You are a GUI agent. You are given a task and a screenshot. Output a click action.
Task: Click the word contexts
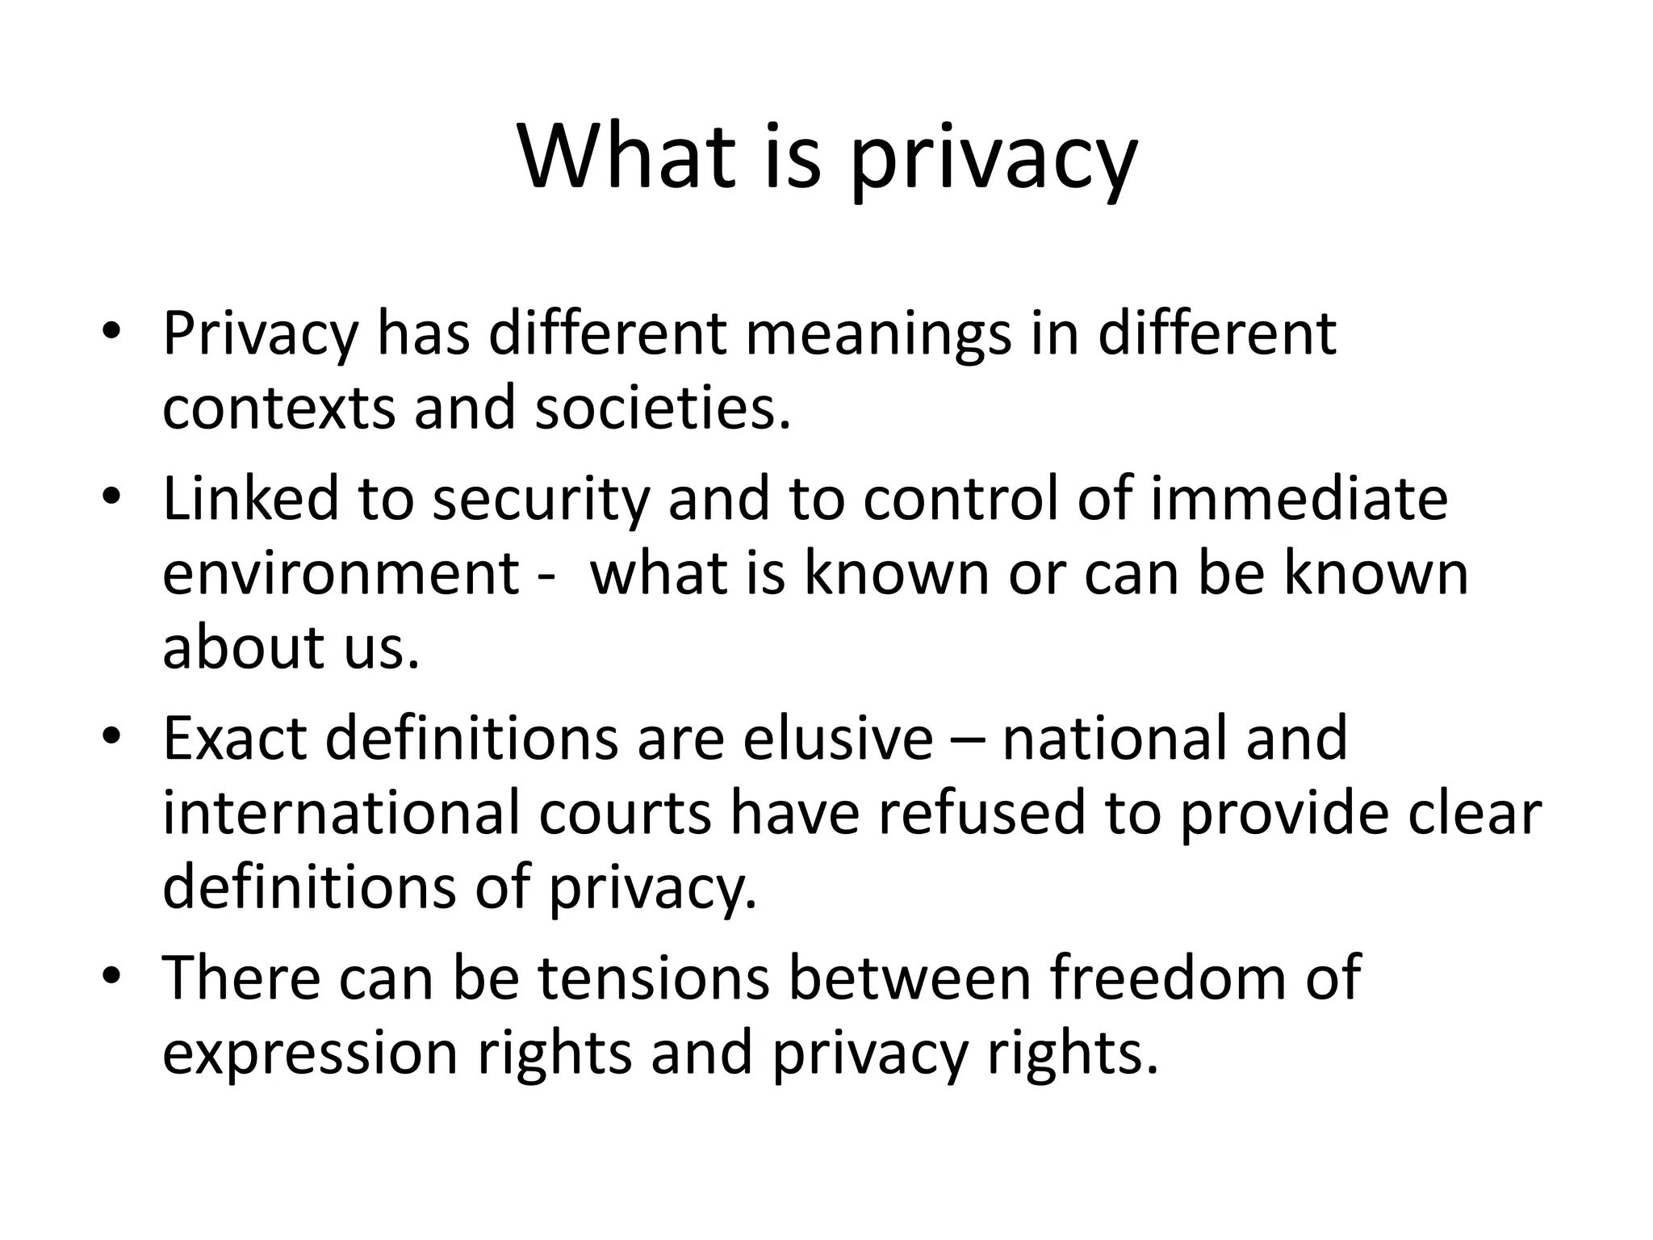click(x=278, y=408)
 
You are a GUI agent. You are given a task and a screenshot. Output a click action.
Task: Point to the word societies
click(x=662, y=408)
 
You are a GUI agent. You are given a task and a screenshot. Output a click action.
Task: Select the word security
click(x=541, y=501)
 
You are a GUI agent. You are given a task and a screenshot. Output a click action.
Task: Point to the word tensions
click(x=654, y=978)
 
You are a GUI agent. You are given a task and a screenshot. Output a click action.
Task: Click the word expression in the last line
click(x=310, y=1054)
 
